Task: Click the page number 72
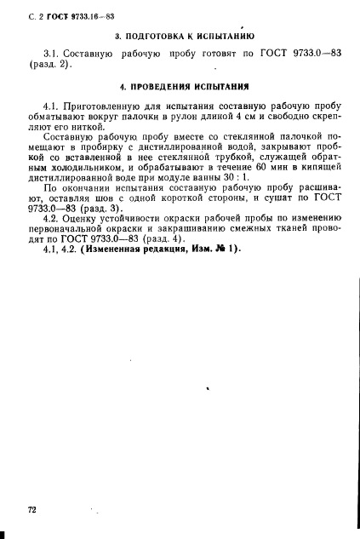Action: tap(32, 509)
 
